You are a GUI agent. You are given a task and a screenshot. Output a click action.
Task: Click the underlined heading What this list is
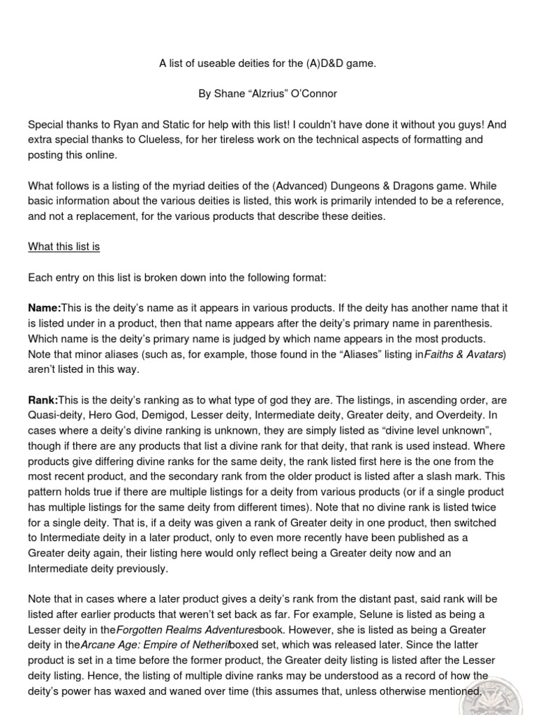pyautogui.click(x=64, y=246)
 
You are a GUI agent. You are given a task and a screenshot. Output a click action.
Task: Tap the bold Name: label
pyautogui.click(x=45, y=308)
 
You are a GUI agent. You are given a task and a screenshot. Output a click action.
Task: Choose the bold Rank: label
pyautogui.click(x=43, y=400)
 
